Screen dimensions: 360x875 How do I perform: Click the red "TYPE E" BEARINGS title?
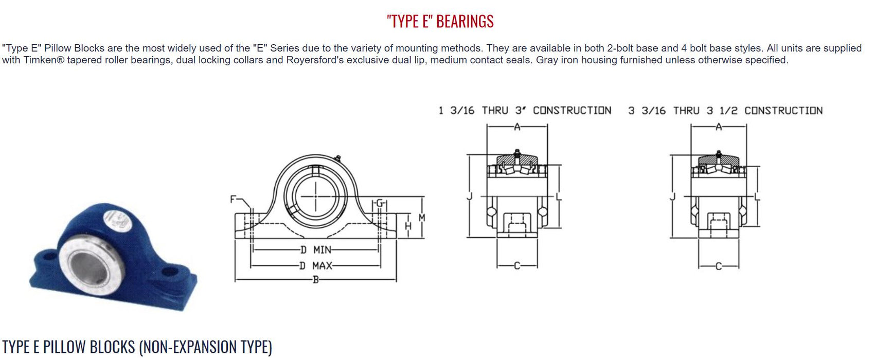[x=440, y=21]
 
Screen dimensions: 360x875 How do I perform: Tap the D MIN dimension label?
[x=316, y=250]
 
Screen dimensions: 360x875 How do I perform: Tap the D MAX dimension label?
[x=316, y=266]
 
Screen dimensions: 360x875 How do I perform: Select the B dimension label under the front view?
[x=316, y=280]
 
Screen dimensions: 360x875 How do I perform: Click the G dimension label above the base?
[x=380, y=203]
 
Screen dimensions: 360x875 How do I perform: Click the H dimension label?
[x=408, y=226]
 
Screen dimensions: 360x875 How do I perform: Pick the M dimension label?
[x=422, y=218]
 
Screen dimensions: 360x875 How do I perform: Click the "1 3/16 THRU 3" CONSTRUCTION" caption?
[x=525, y=111]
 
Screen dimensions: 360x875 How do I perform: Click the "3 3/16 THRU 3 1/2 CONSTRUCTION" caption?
[x=725, y=111]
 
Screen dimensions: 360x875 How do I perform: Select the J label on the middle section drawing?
[x=469, y=196]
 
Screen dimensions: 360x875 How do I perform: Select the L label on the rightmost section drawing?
[x=757, y=196]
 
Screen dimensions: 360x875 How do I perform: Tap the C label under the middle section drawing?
[x=517, y=266]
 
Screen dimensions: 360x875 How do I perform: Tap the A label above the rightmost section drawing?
[x=719, y=127]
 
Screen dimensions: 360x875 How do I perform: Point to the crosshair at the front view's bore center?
[x=315, y=196]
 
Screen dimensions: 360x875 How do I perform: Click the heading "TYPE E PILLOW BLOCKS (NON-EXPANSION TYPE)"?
[x=137, y=347]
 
